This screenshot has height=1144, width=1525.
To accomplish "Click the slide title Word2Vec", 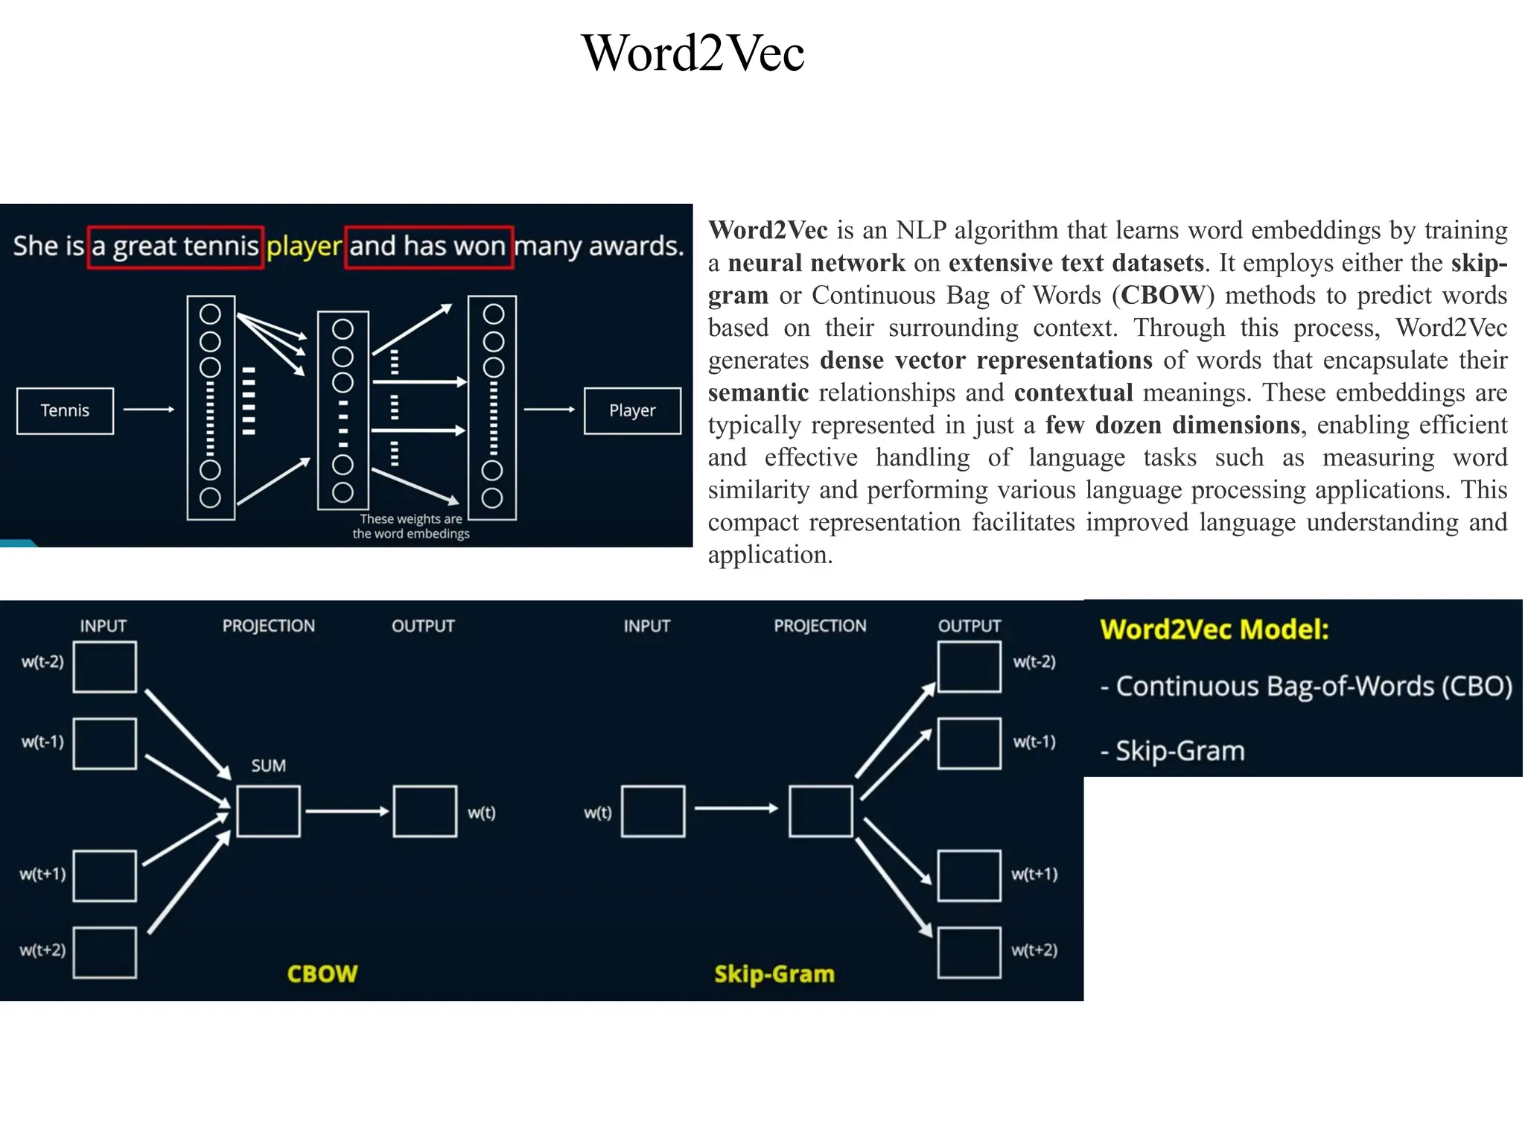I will point(693,54).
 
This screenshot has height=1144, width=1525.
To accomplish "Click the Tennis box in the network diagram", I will point(66,410).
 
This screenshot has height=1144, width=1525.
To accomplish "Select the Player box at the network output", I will point(632,410).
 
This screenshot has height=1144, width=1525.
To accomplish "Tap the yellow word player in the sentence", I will point(304,246).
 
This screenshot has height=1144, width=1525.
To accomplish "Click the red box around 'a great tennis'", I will point(176,227).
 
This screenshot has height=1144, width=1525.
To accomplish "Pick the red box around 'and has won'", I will point(429,227).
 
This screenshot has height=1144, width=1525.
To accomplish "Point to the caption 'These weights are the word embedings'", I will point(411,526).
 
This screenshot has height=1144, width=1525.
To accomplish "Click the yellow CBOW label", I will point(322,973).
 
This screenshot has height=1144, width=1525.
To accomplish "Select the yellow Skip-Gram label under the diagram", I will point(774,973).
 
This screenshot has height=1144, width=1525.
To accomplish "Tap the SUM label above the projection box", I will point(268,766).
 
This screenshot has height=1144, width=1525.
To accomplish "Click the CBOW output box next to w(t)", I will point(425,811).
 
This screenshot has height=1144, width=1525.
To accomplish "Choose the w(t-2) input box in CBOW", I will point(105,667).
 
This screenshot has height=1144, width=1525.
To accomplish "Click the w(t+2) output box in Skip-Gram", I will point(969,952).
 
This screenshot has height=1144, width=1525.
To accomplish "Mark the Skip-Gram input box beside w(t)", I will point(653,811).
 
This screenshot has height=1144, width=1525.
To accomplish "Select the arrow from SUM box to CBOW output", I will point(347,811).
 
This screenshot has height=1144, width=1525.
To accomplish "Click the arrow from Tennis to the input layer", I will point(148,409).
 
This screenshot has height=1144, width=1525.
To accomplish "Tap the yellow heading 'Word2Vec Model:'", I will point(1214,629).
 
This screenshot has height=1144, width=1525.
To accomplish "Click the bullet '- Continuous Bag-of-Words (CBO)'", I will point(1306,686).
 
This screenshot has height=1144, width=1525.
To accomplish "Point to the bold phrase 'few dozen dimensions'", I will point(1173,425).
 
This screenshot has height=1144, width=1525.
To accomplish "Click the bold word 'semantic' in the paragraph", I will point(758,393).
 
